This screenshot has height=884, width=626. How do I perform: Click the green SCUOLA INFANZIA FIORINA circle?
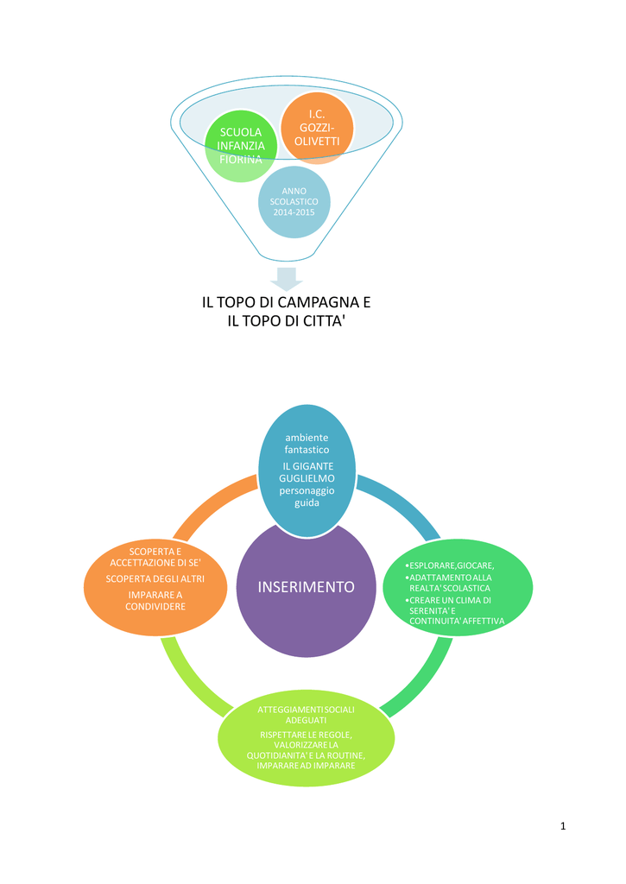[241, 146]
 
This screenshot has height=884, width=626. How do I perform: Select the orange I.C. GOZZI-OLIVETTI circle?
[317, 128]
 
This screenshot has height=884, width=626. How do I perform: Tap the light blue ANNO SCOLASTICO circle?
[294, 202]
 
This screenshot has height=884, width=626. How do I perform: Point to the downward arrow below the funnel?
[287, 279]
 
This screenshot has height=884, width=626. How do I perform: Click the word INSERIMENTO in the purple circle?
[307, 587]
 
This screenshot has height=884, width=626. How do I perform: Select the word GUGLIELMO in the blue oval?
[307, 478]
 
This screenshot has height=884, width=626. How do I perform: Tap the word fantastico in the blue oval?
[307, 449]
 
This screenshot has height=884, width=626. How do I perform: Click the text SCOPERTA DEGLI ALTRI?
[155, 579]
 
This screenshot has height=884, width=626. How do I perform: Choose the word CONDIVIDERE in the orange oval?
[155, 607]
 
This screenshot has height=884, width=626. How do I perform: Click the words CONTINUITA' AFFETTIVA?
[457, 621]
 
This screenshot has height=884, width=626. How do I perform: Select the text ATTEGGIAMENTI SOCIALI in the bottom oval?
[307, 710]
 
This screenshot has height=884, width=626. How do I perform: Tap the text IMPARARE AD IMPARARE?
[307, 766]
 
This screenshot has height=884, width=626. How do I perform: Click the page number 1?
[563, 826]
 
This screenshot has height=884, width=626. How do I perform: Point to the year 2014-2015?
[294, 212]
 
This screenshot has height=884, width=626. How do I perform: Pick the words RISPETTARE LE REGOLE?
[306, 736]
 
